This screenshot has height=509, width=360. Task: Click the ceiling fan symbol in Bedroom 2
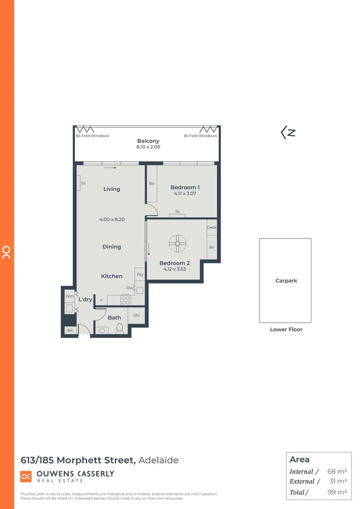click(178, 243)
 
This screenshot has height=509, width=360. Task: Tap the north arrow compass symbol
click(288, 132)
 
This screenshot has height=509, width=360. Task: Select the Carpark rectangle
click(285, 280)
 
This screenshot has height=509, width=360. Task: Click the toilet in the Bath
click(119, 328)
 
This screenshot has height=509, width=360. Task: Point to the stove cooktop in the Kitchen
click(126, 300)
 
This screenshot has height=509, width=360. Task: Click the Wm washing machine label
click(70, 296)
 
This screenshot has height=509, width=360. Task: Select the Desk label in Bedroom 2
click(212, 228)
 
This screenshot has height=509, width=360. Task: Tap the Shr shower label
click(137, 315)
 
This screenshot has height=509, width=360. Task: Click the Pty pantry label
click(140, 275)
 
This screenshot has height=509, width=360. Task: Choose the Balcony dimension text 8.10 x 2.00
click(148, 148)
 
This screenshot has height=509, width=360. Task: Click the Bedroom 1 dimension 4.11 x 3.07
click(185, 194)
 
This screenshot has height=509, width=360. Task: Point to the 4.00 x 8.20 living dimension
click(112, 220)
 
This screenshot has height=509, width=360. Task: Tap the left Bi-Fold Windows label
click(92, 136)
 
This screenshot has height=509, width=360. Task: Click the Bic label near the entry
click(70, 330)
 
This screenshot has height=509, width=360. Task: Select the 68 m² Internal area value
click(337, 472)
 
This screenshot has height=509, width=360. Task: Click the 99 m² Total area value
click(337, 493)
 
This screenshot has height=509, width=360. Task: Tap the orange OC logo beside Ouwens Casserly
click(26, 476)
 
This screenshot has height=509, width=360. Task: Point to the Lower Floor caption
click(286, 329)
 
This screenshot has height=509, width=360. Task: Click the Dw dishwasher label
click(129, 288)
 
